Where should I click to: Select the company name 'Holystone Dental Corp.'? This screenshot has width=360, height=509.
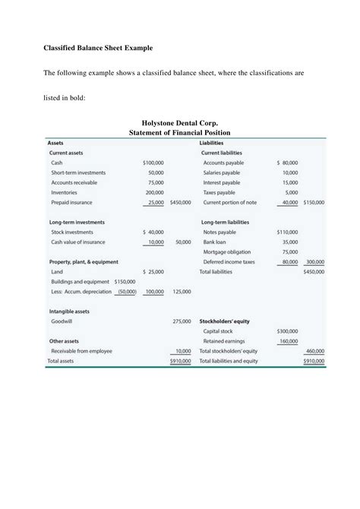[180, 123]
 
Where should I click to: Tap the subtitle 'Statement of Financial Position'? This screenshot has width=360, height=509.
[180, 133]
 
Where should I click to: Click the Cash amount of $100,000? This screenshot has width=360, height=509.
[153, 163]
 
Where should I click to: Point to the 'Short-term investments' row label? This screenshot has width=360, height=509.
[78, 172]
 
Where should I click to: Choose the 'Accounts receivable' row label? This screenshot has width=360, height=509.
[74, 182]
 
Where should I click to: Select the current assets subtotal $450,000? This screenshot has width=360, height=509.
[181, 202]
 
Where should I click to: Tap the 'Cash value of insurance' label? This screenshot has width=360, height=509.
[77, 242]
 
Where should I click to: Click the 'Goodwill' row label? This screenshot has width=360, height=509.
[62, 321]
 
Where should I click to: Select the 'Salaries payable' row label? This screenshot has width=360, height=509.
[222, 172]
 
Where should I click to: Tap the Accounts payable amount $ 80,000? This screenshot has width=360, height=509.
[287, 163]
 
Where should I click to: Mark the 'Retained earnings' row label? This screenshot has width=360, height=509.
[223, 341]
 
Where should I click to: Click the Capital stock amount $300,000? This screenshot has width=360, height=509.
[287, 331]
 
